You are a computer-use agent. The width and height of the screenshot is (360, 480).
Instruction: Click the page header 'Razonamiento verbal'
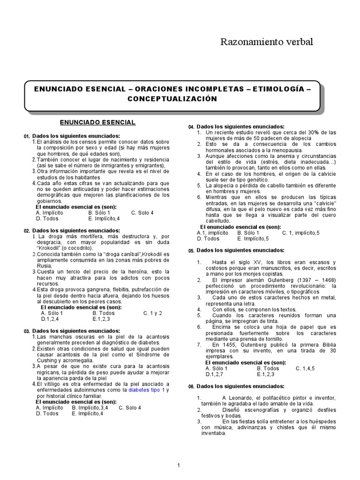pyautogui.click(x=266, y=43)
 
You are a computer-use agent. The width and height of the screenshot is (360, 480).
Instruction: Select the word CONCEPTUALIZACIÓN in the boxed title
pyautogui.click(x=172, y=98)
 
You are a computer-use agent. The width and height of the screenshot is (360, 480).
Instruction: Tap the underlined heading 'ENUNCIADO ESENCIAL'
pyautogui.click(x=97, y=122)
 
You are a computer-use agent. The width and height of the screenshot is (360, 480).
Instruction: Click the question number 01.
pyautogui.click(x=27, y=136)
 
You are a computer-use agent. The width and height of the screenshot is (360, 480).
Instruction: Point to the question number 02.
pyautogui.click(x=27, y=231)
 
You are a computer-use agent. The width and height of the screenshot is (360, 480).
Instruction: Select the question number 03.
pyautogui.click(x=27, y=331)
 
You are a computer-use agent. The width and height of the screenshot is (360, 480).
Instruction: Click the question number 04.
pyautogui.click(x=191, y=127)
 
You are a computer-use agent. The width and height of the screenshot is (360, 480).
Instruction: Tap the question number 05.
pyautogui.click(x=191, y=251)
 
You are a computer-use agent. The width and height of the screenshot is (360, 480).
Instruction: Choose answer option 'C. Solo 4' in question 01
pyautogui.click(x=142, y=212)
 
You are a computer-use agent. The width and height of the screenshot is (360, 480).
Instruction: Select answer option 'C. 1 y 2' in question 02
pyautogui.click(x=153, y=313)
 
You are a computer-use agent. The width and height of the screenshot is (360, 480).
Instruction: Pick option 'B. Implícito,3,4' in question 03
pyautogui.click(x=90, y=407)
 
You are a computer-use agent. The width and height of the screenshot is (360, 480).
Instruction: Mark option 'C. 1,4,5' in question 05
pyautogui.click(x=305, y=368)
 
